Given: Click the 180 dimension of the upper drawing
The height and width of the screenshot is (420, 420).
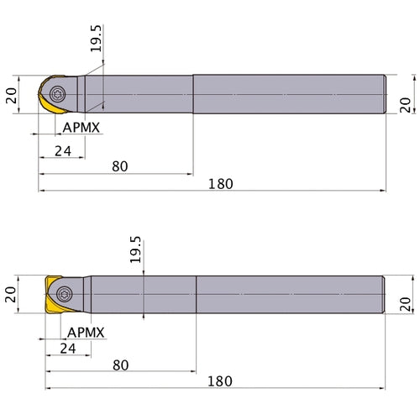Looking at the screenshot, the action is [x=221, y=184].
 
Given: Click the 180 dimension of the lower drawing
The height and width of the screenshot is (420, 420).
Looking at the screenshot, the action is [x=220, y=381].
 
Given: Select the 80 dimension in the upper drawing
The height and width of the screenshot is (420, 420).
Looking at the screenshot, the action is [x=120, y=166].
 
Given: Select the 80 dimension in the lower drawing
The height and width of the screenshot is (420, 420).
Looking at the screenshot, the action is [x=121, y=365].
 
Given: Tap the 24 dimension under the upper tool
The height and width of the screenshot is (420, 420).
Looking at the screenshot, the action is [x=63, y=151].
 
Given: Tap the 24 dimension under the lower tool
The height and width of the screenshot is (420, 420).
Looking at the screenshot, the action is [x=68, y=349].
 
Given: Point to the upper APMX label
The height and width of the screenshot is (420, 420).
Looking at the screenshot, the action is [x=81, y=128].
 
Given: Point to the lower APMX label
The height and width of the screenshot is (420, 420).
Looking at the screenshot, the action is [x=86, y=333].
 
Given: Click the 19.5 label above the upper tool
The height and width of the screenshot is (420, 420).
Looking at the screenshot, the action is [x=96, y=39].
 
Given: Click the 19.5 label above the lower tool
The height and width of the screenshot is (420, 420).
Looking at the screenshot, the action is [x=135, y=249].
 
